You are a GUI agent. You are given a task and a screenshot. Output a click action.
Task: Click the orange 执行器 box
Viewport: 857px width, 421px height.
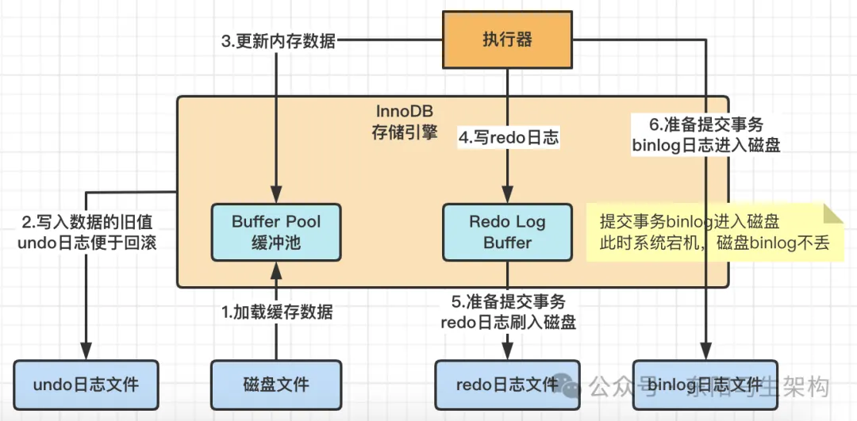coord(507,40)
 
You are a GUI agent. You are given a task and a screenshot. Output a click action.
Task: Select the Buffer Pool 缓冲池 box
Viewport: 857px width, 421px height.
coord(275,232)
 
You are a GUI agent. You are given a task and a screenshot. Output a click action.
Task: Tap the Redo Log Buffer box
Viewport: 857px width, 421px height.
coord(507,232)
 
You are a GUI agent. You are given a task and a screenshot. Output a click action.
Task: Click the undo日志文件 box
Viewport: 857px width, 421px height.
coord(86,385)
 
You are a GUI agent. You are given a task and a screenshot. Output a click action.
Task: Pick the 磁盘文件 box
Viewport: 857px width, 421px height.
coord(275,385)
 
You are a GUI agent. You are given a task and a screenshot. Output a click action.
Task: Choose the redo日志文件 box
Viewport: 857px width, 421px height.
coord(507,385)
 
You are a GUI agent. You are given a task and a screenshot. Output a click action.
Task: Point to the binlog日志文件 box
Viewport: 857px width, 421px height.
coord(704,385)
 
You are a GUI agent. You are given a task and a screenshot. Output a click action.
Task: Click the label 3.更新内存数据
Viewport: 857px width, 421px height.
coord(278,41)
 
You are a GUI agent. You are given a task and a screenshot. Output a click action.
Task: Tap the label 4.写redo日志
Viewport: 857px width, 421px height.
coord(509,137)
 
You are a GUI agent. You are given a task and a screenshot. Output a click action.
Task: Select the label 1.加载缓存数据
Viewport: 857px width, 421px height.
coord(276,312)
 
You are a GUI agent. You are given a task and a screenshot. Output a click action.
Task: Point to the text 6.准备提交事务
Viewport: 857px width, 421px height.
coord(705,124)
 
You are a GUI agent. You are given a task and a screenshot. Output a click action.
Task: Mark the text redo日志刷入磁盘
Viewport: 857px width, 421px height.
coord(508,322)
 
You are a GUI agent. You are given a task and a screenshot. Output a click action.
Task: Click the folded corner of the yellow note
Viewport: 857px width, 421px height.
coord(834,212)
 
